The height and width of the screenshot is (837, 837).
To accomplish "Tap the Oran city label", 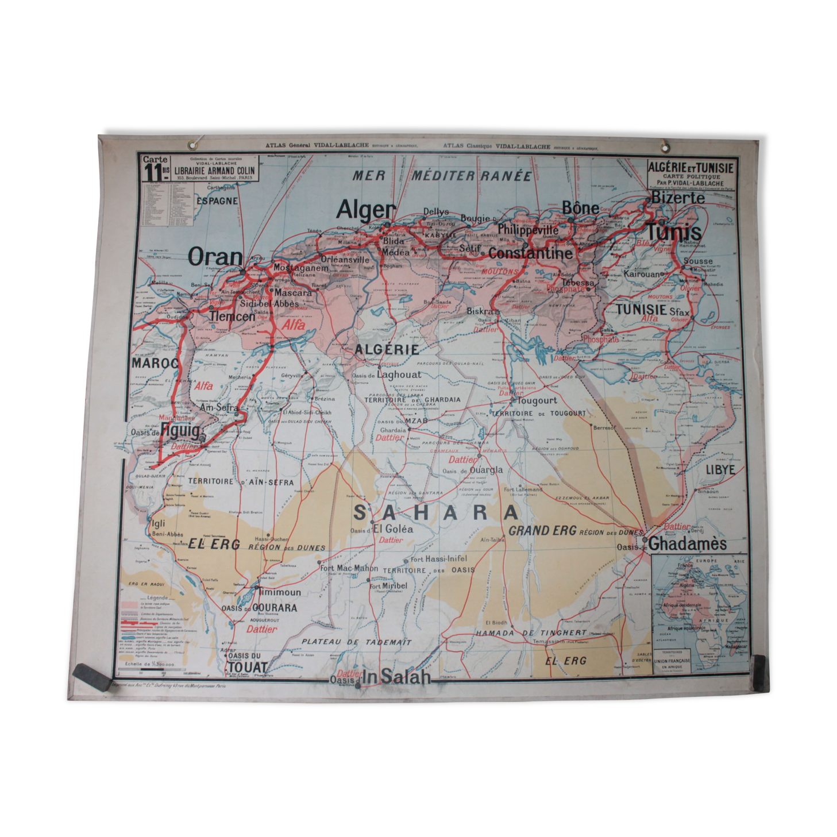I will (215, 257).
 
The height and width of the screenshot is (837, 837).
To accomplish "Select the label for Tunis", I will (674, 232).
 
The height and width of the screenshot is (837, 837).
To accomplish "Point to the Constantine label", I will (530, 253).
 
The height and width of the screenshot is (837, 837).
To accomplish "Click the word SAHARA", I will (436, 512).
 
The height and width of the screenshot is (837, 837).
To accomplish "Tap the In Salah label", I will (396, 677).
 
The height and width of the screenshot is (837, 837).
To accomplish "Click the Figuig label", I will (181, 431).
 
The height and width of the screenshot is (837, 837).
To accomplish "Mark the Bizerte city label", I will (678, 198).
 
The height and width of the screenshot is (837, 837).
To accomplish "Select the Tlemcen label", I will (232, 316).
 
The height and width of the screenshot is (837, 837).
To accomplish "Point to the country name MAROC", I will (155, 364).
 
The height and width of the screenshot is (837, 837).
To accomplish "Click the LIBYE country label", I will (720, 469).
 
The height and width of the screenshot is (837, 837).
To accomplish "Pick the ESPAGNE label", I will (217, 201).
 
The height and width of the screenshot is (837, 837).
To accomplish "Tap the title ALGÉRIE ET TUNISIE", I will (691, 167).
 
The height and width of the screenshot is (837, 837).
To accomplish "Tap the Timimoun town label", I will (280, 592).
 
